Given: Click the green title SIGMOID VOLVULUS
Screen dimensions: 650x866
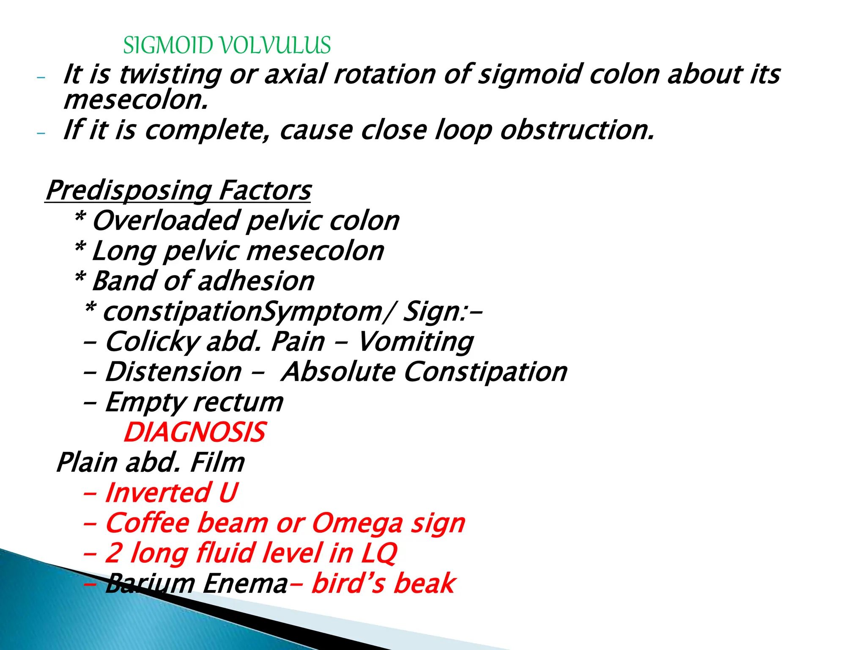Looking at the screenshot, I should [227, 45].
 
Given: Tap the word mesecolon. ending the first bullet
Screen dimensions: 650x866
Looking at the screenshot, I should [136, 101].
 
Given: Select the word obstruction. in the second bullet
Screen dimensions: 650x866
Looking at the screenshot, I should [577, 130].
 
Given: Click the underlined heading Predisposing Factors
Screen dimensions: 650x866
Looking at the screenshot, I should [178, 190].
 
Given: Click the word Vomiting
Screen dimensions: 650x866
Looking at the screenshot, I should [416, 342].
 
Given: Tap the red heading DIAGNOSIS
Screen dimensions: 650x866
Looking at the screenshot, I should [195, 432].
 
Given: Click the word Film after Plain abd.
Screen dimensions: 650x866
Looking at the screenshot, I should [217, 463].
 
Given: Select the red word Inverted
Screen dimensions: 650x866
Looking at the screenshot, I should [158, 493].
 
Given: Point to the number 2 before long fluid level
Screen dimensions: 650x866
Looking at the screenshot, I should [113, 554].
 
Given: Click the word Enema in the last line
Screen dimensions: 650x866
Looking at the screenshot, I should [245, 584].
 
